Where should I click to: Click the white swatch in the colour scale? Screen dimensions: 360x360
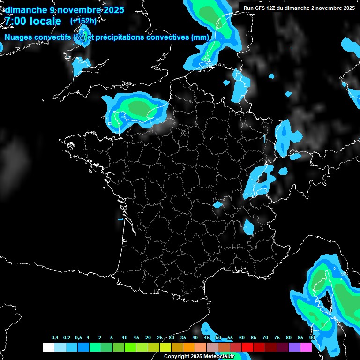[48, 347]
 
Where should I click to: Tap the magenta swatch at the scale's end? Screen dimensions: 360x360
[306, 347]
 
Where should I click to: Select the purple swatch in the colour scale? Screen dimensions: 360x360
[294, 347]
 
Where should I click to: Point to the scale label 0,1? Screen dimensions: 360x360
[55, 338]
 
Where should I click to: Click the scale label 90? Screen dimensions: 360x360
[312, 338]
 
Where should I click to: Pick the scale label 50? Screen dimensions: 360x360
[218, 338]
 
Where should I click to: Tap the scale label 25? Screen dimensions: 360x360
[160, 338]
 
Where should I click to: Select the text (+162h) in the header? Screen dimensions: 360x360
[83, 21]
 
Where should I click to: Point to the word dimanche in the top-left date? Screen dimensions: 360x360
[26, 10]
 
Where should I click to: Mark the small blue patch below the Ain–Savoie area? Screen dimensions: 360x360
[248, 227]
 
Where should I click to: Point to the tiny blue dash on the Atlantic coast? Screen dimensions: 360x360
[120, 219]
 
